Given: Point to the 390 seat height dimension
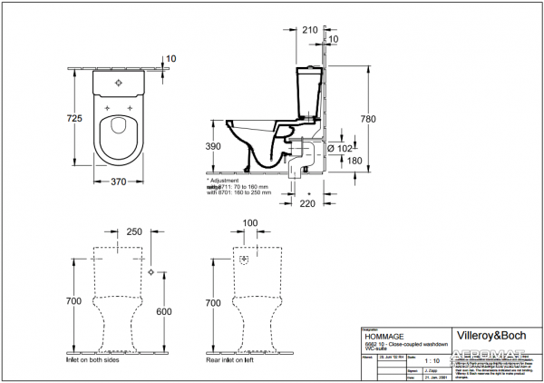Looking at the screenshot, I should (x=211, y=145).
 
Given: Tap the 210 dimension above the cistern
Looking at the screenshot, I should (x=309, y=30).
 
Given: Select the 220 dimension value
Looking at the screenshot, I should (x=307, y=204).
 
